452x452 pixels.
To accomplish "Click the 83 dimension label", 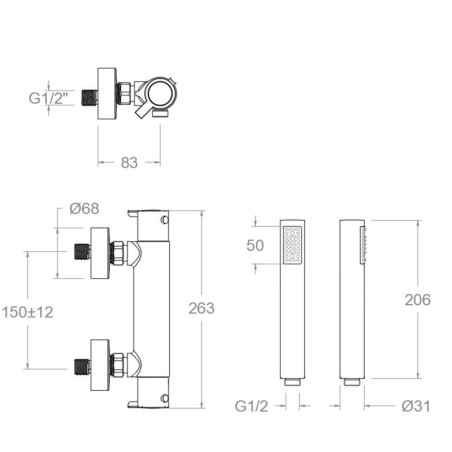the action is [x=129, y=163].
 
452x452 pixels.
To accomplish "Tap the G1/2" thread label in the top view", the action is [x=48, y=98].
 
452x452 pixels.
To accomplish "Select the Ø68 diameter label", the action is [x=84, y=209].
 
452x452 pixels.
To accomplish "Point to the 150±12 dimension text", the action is [x=28, y=312].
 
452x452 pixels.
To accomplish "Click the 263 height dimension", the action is [x=201, y=308].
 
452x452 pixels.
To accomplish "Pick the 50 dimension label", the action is [x=255, y=246].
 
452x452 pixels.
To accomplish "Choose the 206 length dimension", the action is [x=418, y=300].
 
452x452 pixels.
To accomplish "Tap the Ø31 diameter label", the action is [x=416, y=406].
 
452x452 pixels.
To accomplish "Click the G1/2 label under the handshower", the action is [x=251, y=406].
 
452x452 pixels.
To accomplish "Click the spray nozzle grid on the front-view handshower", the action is [x=292, y=245].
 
